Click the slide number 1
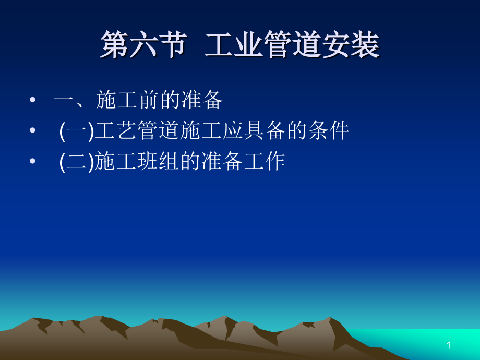(448, 345)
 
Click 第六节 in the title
(142, 45)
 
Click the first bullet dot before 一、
(34, 101)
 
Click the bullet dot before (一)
(34, 131)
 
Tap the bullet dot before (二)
(34, 162)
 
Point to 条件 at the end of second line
(328, 131)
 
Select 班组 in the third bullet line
(158, 162)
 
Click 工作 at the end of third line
(265, 162)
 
